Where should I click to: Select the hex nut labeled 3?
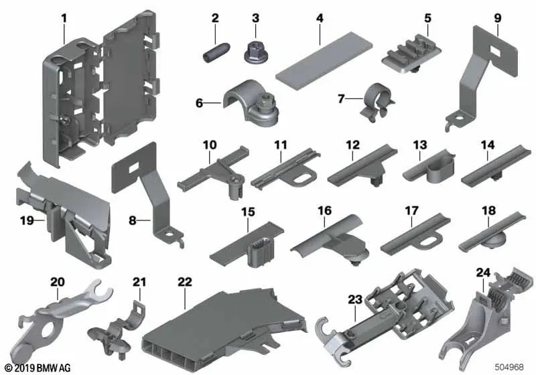[255, 48]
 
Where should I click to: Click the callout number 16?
[324, 212]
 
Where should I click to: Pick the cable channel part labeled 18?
[490, 234]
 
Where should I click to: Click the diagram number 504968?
[511, 367]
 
